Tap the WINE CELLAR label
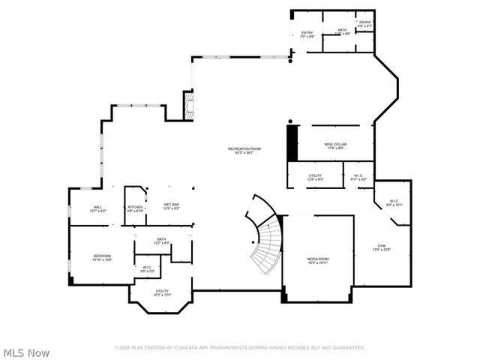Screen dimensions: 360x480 [334, 144]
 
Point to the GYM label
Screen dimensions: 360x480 [381, 246]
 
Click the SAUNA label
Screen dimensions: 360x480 [364, 22]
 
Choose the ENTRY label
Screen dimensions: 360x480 [307, 32]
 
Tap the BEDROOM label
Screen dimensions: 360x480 [102, 256]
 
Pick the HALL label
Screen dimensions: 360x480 [97, 207]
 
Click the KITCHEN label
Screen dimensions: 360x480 [135, 207]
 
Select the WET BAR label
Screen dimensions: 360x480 [172, 204]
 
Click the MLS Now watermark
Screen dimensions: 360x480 [26, 352]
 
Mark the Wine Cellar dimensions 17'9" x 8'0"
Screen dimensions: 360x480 [334, 148]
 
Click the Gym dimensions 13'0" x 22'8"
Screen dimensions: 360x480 [381, 250]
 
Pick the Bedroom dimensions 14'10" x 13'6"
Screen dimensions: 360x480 [102, 260]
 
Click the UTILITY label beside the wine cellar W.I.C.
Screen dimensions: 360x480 [315, 175]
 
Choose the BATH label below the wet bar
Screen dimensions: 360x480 [161, 238]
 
